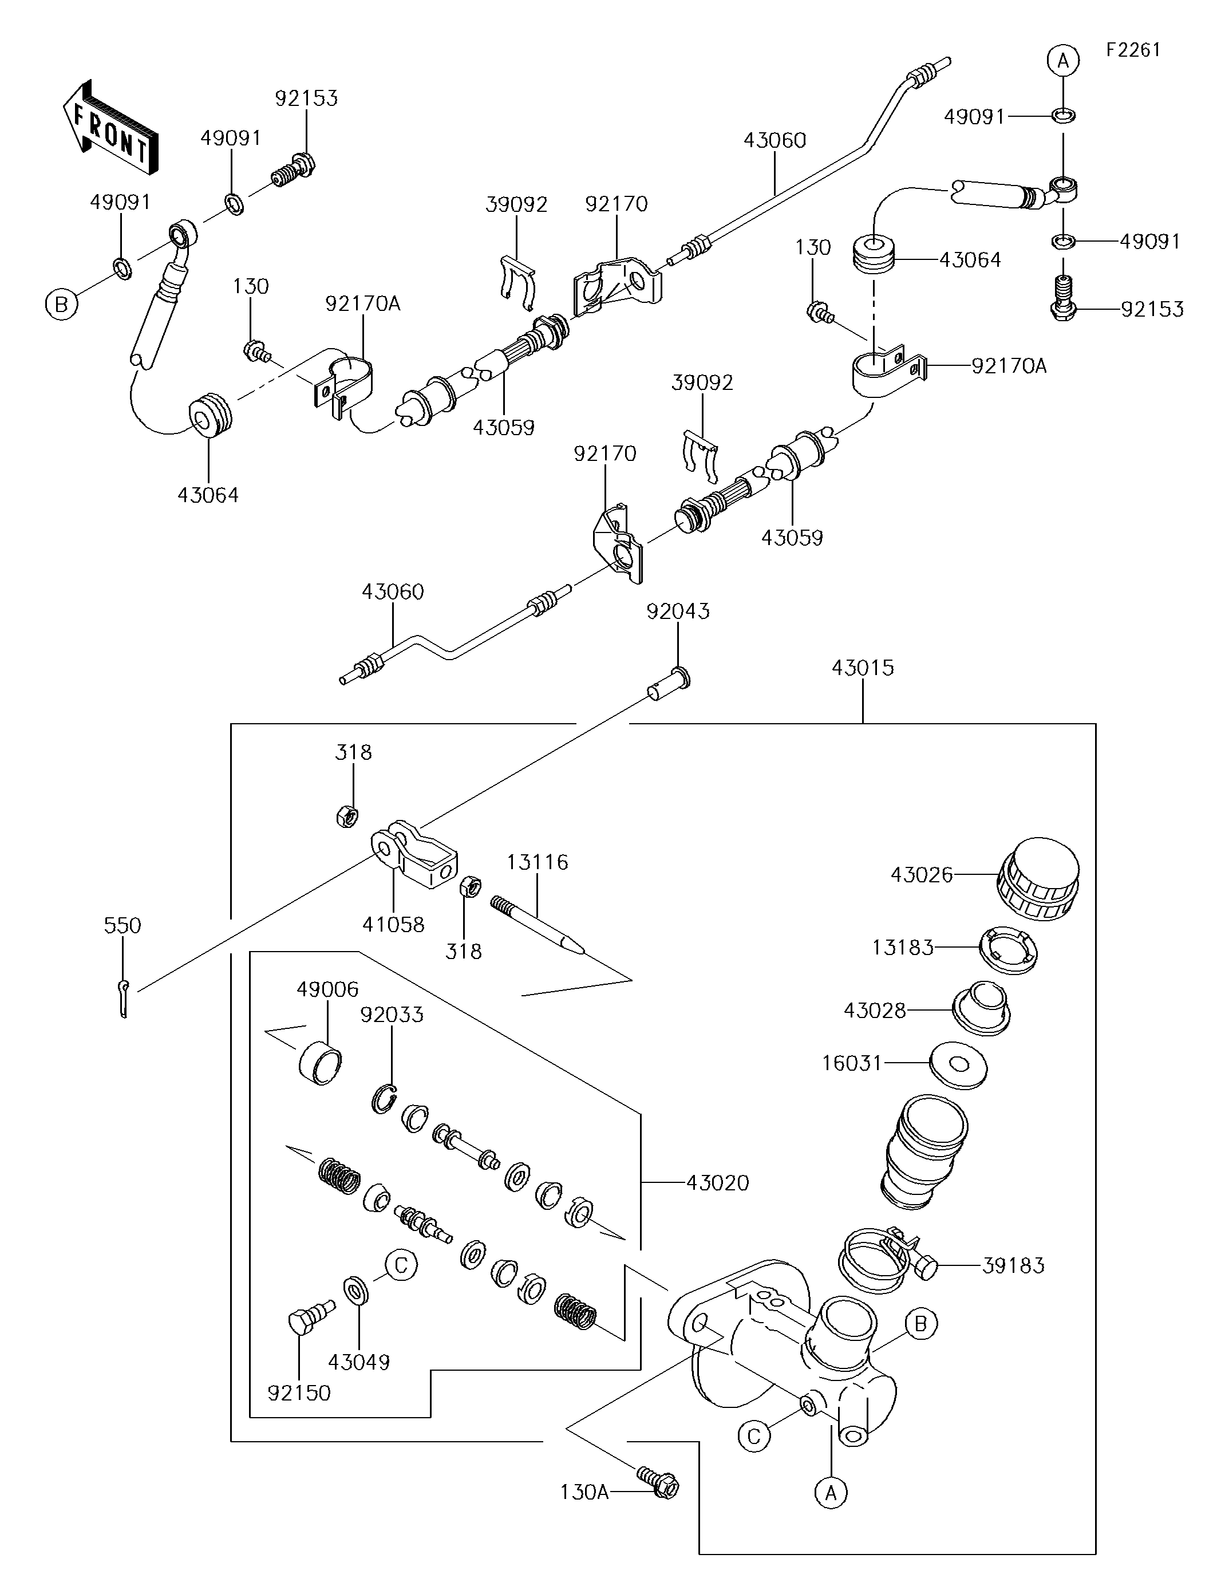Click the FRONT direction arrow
(x=110, y=127)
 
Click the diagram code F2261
(x=1132, y=50)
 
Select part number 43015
(x=862, y=668)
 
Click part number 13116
(x=537, y=862)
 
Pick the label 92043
(x=678, y=612)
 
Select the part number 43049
(x=359, y=1362)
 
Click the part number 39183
(x=1013, y=1266)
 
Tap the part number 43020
(x=717, y=1183)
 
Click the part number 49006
(x=327, y=989)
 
